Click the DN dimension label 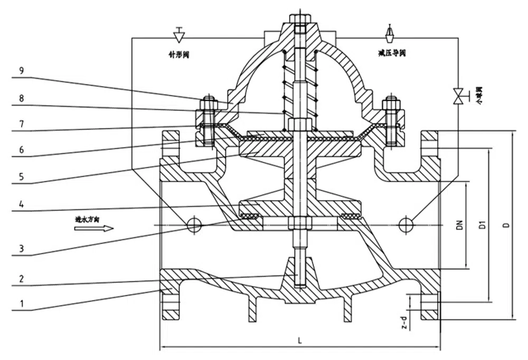[460, 225]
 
